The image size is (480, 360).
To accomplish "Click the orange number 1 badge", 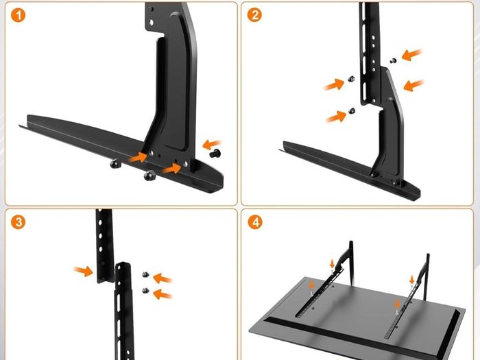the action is (x=18, y=15).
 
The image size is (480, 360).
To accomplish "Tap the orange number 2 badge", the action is (x=254, y=14).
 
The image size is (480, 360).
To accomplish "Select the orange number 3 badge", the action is (x=18, y=222).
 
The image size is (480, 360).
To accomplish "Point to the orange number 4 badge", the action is (x=255, y=221).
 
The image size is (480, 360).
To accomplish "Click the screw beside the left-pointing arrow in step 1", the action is (x=215, y=153).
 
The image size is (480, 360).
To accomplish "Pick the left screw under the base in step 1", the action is (x=115, y=164).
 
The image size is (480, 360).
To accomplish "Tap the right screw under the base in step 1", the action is (x=149, y=176).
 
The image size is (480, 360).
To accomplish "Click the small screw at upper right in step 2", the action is (x=394, y=60).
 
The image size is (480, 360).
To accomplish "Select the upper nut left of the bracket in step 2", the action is (x=351, y=79).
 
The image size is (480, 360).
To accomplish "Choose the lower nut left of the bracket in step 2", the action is (x=352, y=110).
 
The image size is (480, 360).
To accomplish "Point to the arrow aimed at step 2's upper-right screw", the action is (x=411, y=55).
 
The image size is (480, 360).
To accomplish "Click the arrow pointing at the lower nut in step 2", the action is (x=336, y=117).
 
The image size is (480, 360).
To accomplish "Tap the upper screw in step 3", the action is (x=145, y=274).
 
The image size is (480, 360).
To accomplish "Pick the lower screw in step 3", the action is (x=145, y=291).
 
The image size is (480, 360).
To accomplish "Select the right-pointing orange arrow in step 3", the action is (x=83, y=271).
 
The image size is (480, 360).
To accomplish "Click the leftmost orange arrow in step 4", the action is (x=311, y=285).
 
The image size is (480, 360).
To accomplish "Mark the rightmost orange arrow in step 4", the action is (x=411, y=279).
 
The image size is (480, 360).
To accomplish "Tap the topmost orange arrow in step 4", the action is (x=333, y=263).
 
